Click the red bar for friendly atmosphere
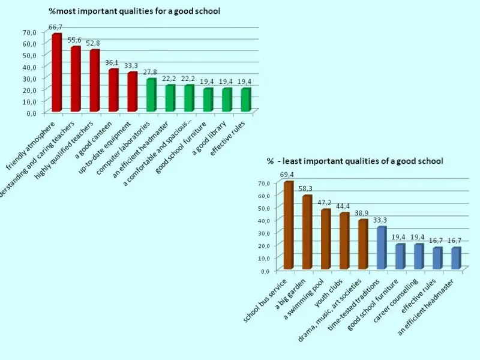[x=56, y=73]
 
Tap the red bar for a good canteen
[x=113, y=91]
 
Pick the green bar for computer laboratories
[x=151, y=96]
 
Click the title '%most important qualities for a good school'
[x=134, y=11]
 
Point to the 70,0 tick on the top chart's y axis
[x=29, y=32]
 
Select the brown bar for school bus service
[x=288, y=226]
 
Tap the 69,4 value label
[x=287, y=174]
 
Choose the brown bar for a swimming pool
[x=325, y=239]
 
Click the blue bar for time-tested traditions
[x=381, y=248]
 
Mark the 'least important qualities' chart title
[x=355, y=161]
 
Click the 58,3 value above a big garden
[x=307, y=188]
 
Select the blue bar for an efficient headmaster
[x=455, y=259]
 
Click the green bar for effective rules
[x=245, y=100]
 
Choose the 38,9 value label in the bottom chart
[x=362, y=213]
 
